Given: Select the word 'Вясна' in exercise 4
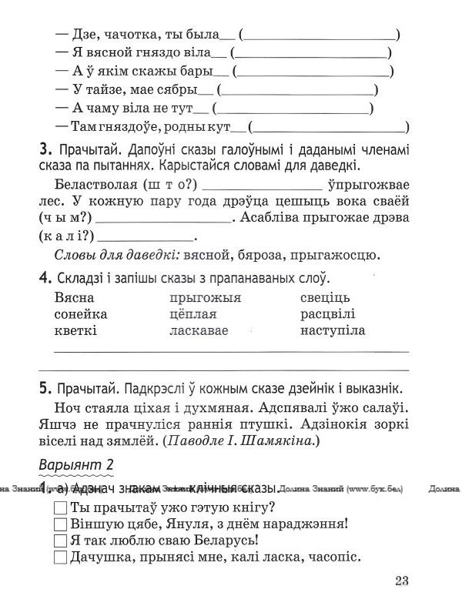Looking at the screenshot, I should point(75,297).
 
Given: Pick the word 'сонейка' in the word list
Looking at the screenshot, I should point(81,314).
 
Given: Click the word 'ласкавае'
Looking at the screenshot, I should point(197,330).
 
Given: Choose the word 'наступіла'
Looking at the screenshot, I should point(333,330).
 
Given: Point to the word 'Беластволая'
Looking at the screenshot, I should point(102,186).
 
